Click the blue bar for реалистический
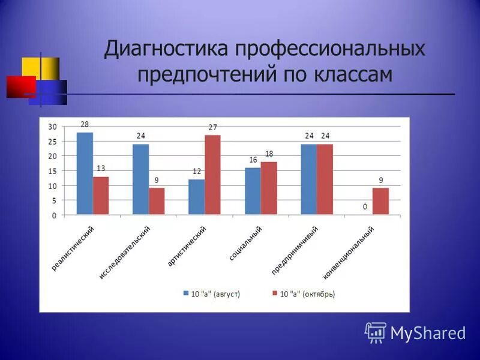tap(85, 173)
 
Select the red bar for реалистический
tap(101, 195)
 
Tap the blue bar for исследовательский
tap(140, 179)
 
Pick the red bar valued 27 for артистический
tap(212, 175)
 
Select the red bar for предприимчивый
tap(325, 179)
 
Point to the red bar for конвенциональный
tap(380, 201)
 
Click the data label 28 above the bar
tap(85, 124)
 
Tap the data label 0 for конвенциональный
tap(364, 206)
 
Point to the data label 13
tap(101, 169)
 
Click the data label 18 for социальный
tap(269, 154)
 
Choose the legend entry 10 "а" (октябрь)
tap(304, 294)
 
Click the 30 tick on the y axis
tap(53, 127)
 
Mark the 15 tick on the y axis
tap(53, 171)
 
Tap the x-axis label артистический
tap(188, 246)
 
